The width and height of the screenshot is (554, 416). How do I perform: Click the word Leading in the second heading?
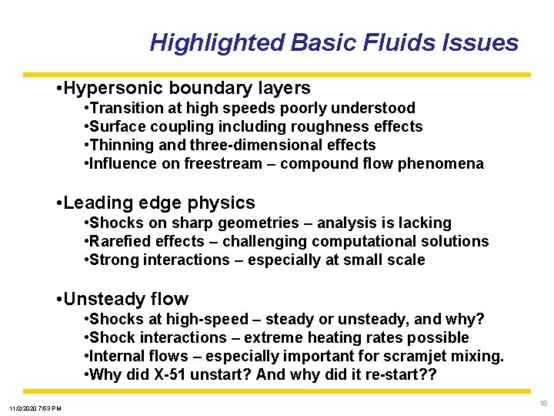tap(94, 203)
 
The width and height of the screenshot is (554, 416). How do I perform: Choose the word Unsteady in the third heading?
tap(101, 299)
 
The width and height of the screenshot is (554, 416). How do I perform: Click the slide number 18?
tap(542, 403)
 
